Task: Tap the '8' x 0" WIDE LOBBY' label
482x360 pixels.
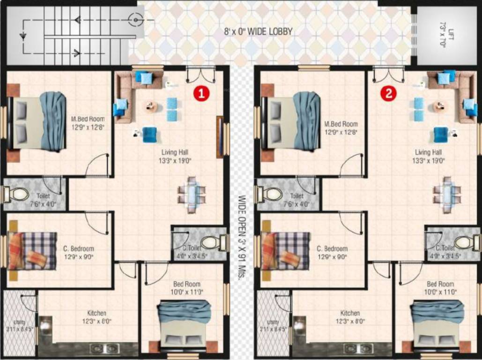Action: [x=258, y=32]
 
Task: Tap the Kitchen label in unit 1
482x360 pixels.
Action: [x=96, y=313]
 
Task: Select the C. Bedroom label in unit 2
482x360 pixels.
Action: [x=332, y=248]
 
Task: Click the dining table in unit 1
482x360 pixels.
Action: [x=191, y=194]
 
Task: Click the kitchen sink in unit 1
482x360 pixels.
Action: [x=104, y=348]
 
